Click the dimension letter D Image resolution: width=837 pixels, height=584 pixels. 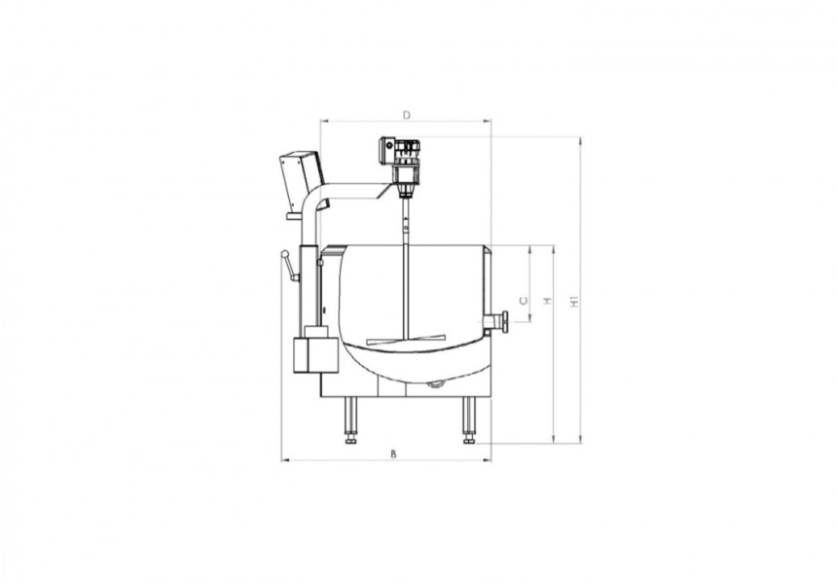(406, 115)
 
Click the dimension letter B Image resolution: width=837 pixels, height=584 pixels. (392, 454)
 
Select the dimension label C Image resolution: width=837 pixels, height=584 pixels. (524, 301)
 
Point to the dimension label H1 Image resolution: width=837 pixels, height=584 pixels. (575, 303)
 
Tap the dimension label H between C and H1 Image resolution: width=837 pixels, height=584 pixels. (548, 301)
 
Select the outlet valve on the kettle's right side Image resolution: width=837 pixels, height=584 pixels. (498, 321)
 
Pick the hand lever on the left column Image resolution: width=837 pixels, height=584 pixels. (288, 266)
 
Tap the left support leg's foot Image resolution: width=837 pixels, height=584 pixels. (349, 440)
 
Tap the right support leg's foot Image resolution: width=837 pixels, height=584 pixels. (469, 440)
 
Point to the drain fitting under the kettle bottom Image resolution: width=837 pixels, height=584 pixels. (435, 383)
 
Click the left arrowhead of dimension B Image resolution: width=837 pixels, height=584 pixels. (284, 459)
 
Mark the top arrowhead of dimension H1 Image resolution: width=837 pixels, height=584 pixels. (581, 140)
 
